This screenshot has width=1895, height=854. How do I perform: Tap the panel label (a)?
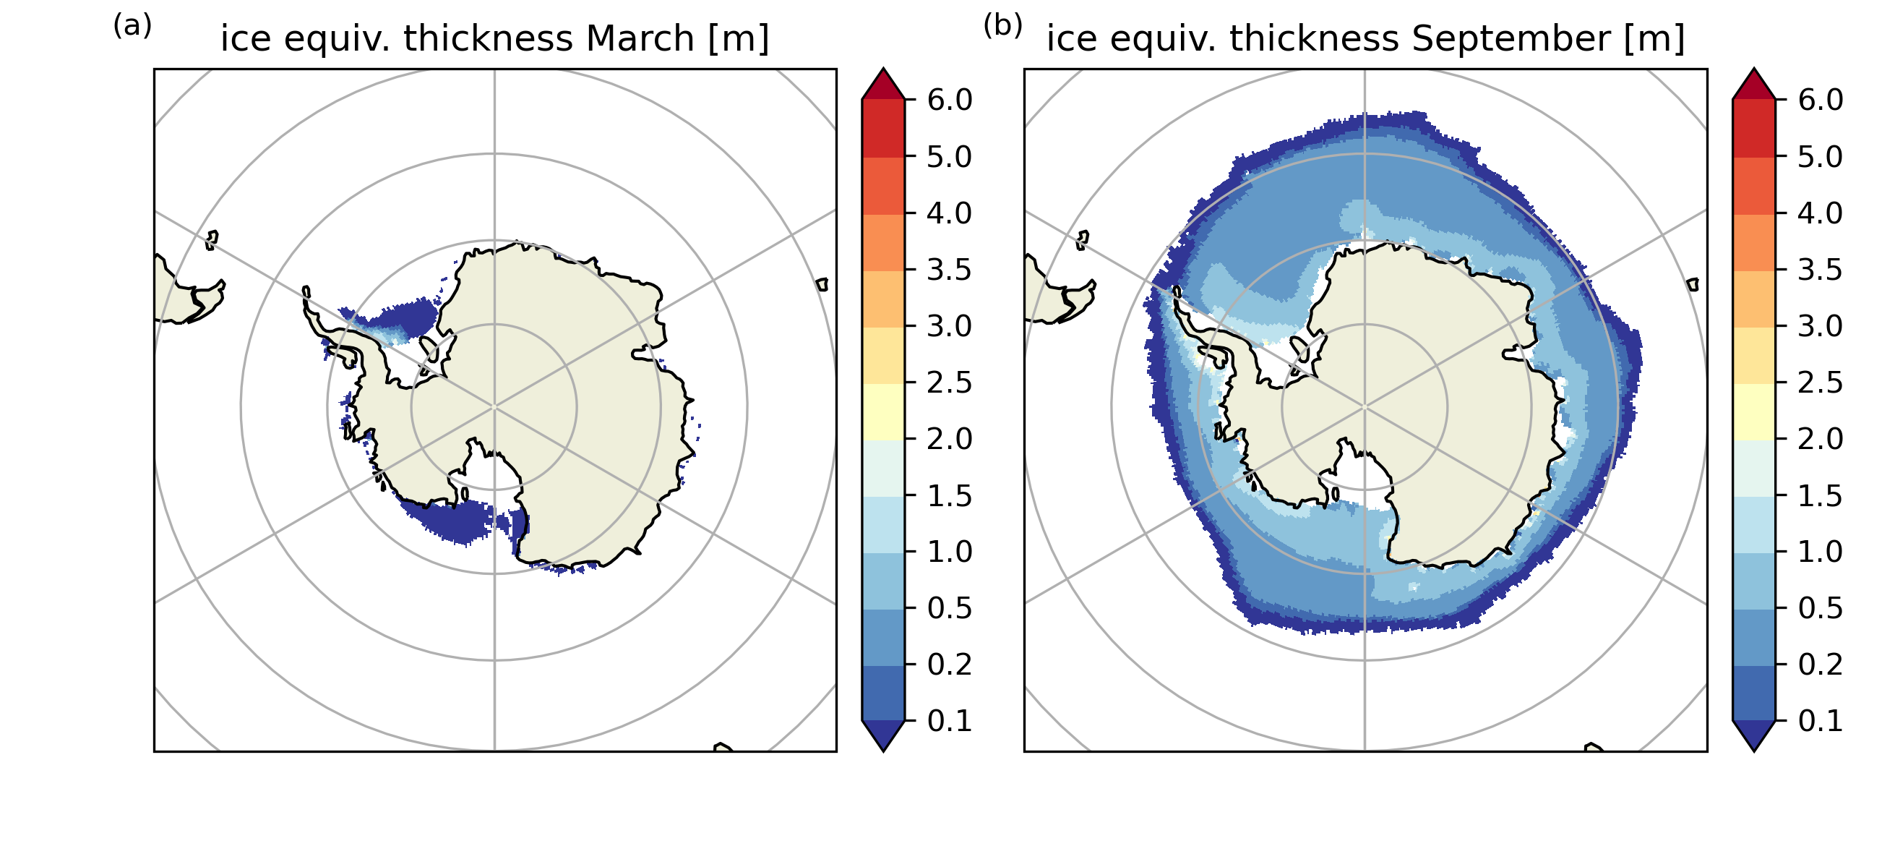(132, 26)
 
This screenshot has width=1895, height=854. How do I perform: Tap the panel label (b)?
(1002, 26)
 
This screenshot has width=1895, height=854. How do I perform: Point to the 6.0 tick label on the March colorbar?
(949, 99)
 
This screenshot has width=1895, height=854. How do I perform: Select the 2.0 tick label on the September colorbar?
(1820, 440)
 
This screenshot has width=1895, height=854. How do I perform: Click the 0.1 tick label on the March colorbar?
(949, 722)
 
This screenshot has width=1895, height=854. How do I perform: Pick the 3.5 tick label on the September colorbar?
(1820, 270)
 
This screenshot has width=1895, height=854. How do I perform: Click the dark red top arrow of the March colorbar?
(882, 85)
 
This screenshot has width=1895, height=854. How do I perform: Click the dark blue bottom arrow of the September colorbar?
(1754, 734)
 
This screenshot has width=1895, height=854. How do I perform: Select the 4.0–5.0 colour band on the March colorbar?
(882, 186)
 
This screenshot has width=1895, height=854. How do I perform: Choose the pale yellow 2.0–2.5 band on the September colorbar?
(1754, 411)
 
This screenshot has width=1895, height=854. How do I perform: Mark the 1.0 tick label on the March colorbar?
(949, 552)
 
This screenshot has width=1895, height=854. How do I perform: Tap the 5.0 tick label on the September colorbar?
(1820, 157)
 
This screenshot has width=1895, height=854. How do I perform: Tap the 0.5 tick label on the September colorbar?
(1820, 609)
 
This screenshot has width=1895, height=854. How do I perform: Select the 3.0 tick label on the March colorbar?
(949, 326)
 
